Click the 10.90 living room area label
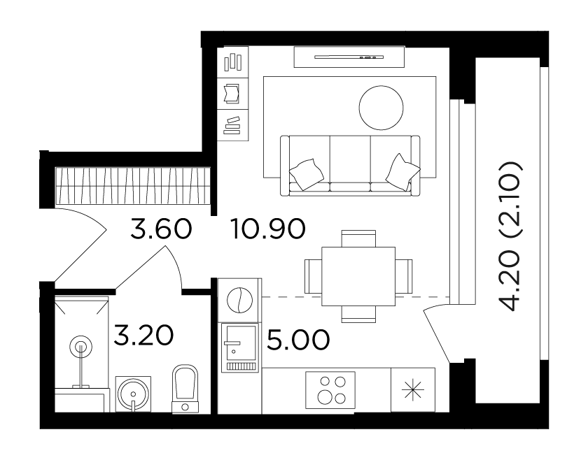[x=269, y=229]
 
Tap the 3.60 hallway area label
[x=161, y=229]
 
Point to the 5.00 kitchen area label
[x=298, y=340]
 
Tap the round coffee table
[x=381, y=108]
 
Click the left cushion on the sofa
[x=307, y=174]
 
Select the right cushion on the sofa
[x=402, y=171]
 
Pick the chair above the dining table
[x=358, y=238]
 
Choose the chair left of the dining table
[x=314, y=276]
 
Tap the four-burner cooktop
[x=330, y=390]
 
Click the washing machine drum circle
[x=240, y=300]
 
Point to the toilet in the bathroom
[x=185, y=389]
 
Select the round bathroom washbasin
[x=133, y=394]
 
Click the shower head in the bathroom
[x=80, y=347]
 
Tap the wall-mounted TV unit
[x=349, y=57]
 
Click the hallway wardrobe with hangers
[x=133, y=187]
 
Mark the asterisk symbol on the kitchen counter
[x=412, y=389]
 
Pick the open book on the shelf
[x=232, y=93]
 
